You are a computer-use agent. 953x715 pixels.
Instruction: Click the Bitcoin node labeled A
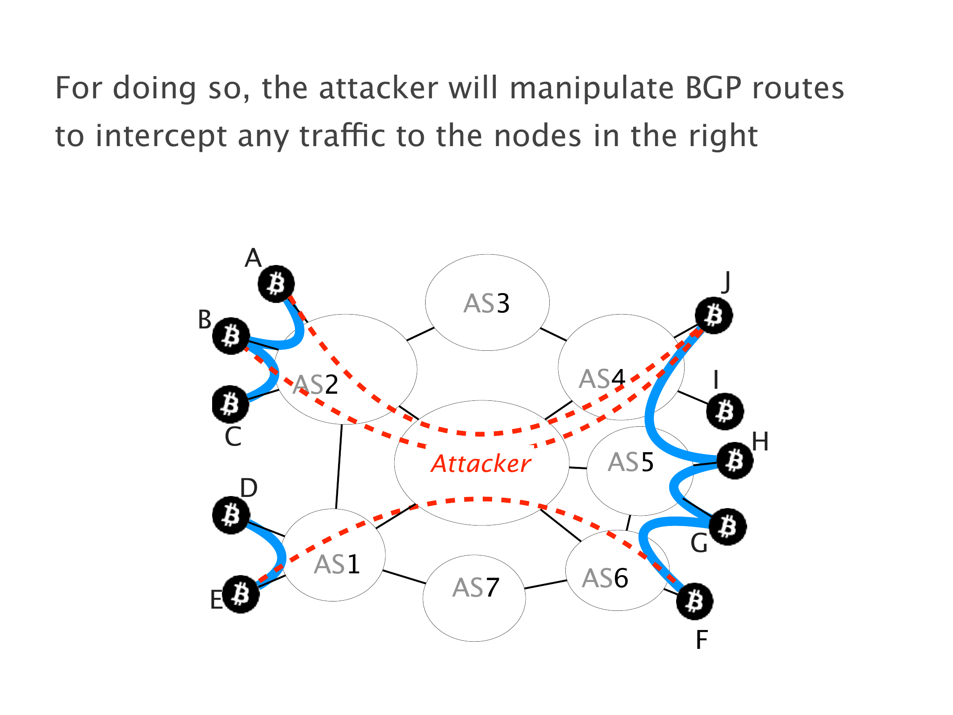pos(276,284)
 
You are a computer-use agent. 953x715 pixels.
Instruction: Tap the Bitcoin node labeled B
pos(230,336)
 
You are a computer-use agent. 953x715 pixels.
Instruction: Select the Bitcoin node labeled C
pos(230,404)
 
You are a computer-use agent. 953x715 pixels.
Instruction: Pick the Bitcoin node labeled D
pos(231,515)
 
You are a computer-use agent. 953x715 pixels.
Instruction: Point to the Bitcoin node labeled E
pos(241,594)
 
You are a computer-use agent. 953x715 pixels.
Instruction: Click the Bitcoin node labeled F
pos(694,601)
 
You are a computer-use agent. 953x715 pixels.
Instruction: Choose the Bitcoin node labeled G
pos(728,526)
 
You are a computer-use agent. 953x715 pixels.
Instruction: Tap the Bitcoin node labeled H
pos(735,460)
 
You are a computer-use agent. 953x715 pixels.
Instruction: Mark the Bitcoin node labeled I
pos(725,411)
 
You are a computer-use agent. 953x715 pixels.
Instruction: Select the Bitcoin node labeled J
pos(714,315)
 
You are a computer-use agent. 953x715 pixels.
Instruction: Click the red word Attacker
pos(481,463)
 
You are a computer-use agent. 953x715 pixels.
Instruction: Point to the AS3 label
pos(486,303)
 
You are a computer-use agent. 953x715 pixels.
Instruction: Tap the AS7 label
pos(476,587)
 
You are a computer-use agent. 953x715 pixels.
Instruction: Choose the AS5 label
pos(631,462)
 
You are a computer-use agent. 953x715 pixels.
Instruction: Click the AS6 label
pos(605,578)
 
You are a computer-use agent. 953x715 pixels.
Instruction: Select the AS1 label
pos(337,564)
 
